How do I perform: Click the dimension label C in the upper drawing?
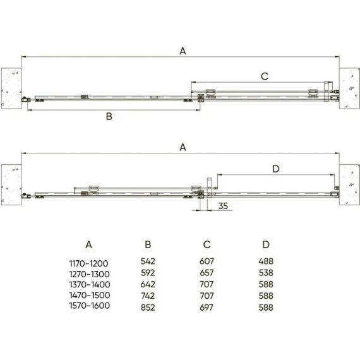265,76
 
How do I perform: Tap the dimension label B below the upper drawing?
109,116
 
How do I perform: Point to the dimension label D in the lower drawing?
276,169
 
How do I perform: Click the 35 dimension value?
223,206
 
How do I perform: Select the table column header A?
89,245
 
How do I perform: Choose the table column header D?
266,245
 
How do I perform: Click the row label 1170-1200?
89,263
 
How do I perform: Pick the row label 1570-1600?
90,306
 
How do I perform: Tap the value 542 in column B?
148,261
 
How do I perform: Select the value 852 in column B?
148,308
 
